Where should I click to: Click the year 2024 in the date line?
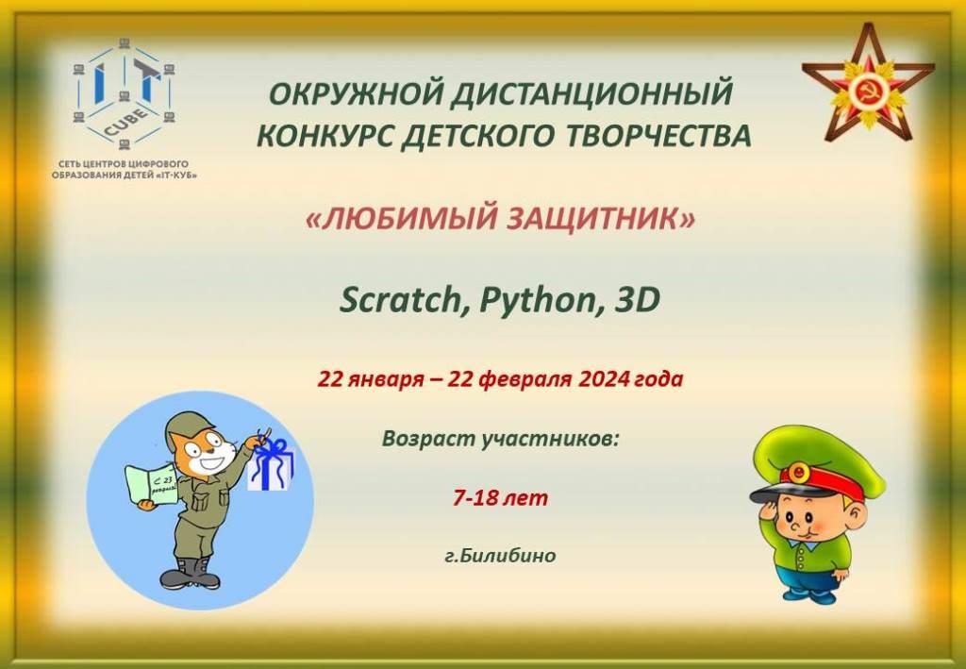point(604,378)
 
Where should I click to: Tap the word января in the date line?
point(386,379)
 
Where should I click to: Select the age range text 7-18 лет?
point(500,497)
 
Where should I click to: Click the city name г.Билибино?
point(500,556)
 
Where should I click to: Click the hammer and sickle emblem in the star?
point(867,91)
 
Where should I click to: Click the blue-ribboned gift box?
point(271,466)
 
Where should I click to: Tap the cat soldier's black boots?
point(190,574)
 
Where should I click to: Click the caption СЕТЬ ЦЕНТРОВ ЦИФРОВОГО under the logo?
point(124,164)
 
